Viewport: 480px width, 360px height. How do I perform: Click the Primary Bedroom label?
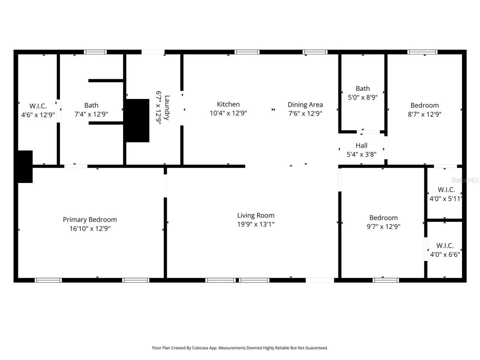pyautogui.click(x=90, y=220)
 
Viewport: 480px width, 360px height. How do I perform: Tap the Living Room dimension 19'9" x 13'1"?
pyautogui.click(x=256, y=224)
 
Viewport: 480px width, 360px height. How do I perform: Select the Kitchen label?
pyautogui.click(x=228, y=104)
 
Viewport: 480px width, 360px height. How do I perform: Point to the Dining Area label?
pyautogui.click(x=305, y=105)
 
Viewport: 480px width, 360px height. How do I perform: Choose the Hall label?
pyautogui.click(x=361, y=145)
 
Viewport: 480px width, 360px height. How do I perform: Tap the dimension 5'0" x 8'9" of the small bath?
pyautogui.click(x=363, y=97)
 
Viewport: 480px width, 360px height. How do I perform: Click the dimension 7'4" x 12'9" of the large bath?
pyautogui.click(x=91, y=114)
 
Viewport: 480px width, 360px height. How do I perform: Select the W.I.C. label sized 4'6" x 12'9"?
pyautogui.click(x=38, y=106)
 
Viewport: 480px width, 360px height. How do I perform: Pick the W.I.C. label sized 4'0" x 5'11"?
pyautogui.click(x=446, y=190)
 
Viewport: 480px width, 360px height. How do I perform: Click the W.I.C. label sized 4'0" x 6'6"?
pyautogui.click(x=445, y=246)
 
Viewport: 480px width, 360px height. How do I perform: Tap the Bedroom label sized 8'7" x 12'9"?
pyautogui.click(x=424, y=105)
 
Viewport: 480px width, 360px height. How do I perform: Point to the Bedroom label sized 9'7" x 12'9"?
pyautogui.click(x=383, y=218)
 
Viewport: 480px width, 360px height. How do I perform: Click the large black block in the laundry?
pyautogui.click(x=137, y=120)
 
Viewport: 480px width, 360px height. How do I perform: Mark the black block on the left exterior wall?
pyautogui.click(x=25, y=166)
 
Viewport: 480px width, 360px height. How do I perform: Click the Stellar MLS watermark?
pyautogui.click(x=465, y=180)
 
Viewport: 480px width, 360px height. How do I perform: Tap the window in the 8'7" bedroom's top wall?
pyautogui.click(x=422, y=52)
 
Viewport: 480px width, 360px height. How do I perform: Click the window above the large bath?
pyautogui.click(x=95, y=52)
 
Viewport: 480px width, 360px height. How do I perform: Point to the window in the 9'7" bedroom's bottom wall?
pyautogui.click(x=386, y=280)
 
